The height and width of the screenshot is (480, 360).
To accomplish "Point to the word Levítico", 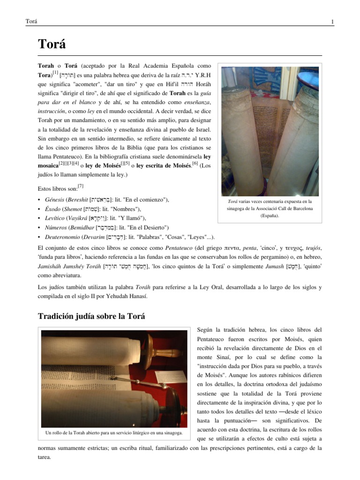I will [54, 218].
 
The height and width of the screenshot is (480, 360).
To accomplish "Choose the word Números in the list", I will [54, 227].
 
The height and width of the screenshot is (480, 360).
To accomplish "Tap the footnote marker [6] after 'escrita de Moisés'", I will [195, 163].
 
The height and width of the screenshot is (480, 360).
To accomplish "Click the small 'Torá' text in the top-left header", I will [31, 22].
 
